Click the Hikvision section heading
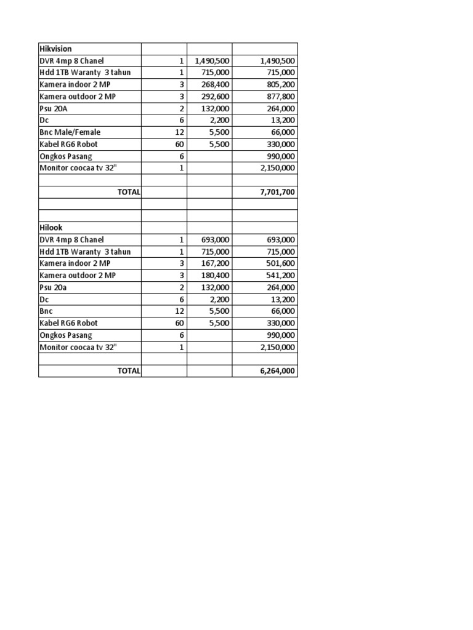55,49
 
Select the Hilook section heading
51,228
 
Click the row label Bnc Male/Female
70,132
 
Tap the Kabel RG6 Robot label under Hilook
68,323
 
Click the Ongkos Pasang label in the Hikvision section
65,156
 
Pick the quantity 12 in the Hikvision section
179,132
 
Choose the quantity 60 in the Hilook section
179,323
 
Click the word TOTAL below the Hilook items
129,371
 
